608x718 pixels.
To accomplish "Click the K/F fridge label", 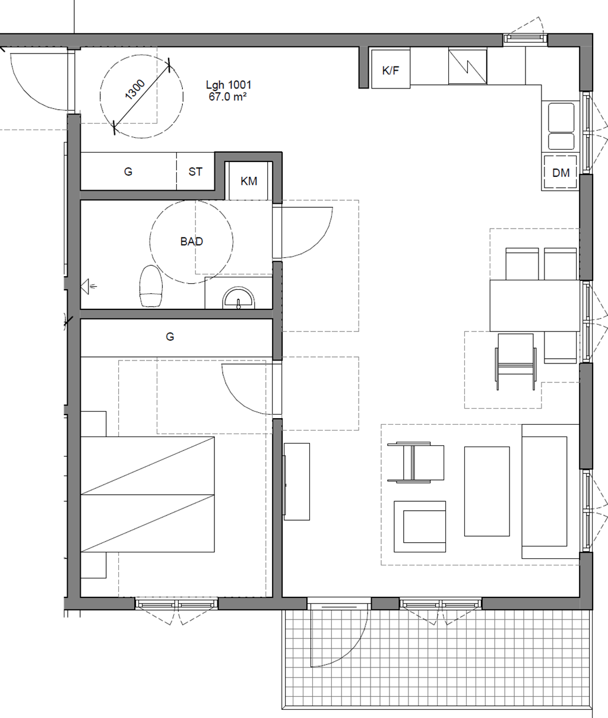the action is coord(390,71).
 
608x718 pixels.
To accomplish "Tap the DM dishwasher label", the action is coord(560,173).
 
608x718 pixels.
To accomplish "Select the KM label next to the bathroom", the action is coord(249,181).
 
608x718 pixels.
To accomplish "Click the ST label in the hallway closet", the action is coord(195,172).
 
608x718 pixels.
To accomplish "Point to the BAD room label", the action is coord(191,242).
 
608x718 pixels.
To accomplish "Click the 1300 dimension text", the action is coord(135,90).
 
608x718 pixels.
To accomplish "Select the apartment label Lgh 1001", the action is coord(228,85).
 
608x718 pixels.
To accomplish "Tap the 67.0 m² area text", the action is coord(227,97).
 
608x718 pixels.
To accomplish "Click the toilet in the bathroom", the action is coord(151,286).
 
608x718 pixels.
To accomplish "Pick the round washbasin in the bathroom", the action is coord(239,298).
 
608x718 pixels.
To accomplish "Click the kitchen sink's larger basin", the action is coord(560,117).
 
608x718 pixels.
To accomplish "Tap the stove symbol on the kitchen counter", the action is coord(467,67).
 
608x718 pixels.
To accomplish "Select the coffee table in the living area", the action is coord(487,491).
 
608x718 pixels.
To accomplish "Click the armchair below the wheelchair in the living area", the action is coord(419,526).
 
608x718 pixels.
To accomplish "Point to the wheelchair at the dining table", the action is coord(515,361).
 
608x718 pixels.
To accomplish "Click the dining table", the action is coord(535,305).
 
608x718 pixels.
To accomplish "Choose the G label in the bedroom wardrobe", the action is coord(170,336).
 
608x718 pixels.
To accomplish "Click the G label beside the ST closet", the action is coord(128,172).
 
